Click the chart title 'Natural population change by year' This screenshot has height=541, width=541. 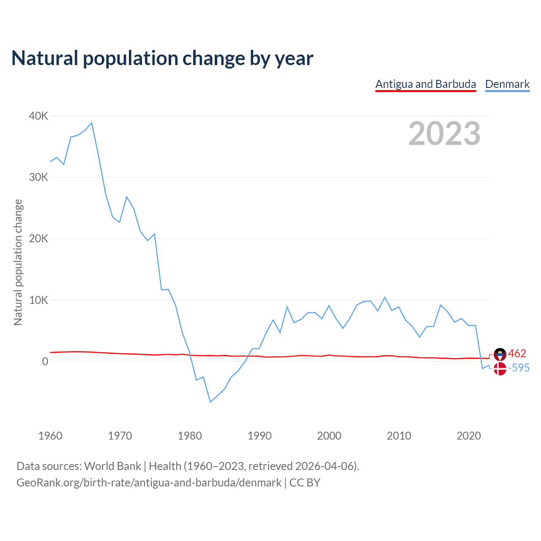click(162, 58)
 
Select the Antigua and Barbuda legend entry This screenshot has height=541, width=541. click(426, 84)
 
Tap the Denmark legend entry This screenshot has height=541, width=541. click(507, 84)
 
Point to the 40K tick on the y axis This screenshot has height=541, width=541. click(39, 116)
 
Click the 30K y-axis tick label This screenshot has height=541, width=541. click(39, 178)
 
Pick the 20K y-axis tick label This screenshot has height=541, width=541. click(39, 239)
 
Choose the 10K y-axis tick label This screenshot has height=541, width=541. click(39, 300)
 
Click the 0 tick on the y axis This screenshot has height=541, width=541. click(45, 362)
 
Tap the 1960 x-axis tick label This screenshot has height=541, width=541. click(50, 436)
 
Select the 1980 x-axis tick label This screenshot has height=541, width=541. click(190, 436)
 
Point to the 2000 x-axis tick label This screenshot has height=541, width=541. click(329, 436)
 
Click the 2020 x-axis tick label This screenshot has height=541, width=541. click(469, 436)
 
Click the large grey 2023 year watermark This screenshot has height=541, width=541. click(444, 134)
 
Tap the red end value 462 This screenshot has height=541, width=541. click(517, 353)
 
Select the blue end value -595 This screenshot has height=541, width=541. click(519, 368)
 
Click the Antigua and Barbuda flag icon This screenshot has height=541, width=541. click(500, 354)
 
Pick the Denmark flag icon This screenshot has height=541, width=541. click(500, 369)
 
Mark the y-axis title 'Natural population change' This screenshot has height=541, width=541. click(18, 262)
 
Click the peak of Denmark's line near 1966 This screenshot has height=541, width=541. click(92, 123)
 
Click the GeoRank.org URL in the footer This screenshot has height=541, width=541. click(149, 483)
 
